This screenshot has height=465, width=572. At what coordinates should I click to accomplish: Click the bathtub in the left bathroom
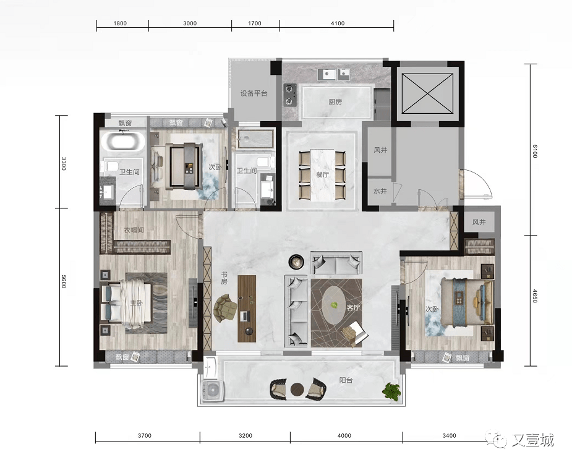[x=122, y=141]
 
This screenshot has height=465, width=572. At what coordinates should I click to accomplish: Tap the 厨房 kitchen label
[x=335, y=102]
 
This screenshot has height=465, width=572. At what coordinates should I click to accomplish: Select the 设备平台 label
[x=254, y=93]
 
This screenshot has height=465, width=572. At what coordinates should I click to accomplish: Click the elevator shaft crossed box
[x=427, y=93]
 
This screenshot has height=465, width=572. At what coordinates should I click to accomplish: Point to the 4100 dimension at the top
[x=338, y=23]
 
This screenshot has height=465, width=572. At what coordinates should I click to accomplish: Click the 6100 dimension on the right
[x=535, y=151]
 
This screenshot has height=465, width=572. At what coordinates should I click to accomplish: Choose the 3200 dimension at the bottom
[x=245, y=435]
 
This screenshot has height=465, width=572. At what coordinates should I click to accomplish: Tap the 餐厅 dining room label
[x=322, y=174]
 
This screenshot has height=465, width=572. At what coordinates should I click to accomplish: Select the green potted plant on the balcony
[x=391, y=391]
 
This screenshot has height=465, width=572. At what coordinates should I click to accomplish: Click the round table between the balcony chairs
[x=297, y=390]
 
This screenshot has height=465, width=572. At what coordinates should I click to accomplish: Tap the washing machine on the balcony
[x=212, y=391]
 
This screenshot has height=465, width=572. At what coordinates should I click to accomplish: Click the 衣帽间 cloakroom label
[x=134, y=230]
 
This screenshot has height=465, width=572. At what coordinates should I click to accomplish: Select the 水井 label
[x=380, y=191]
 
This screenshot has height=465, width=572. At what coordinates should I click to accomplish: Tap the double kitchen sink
[x=333, y=74]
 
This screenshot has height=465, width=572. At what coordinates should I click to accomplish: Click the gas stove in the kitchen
[x=291, y=95]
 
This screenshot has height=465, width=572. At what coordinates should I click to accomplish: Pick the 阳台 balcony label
[x=346, y=380]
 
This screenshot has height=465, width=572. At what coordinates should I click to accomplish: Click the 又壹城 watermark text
[x=533, y=440]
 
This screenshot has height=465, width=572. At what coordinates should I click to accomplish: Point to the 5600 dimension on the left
[x=64, y=281]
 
